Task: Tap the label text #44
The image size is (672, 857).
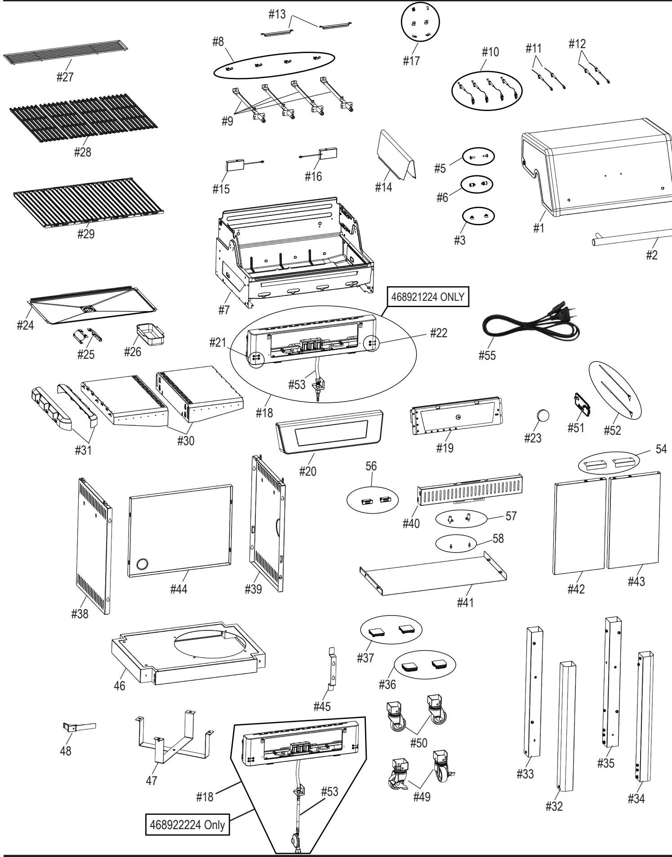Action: (x=178, y=589)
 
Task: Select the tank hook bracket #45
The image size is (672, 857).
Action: (x=332, y=670)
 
